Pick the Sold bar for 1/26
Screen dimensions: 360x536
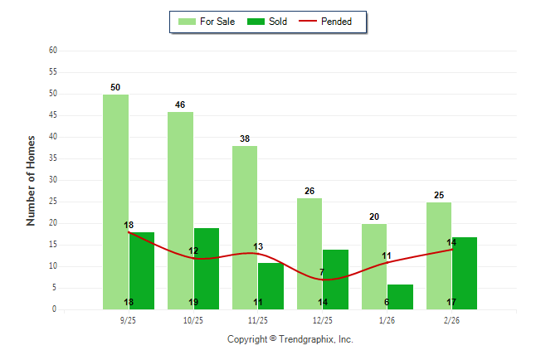coord(400,296)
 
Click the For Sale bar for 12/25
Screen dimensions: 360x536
coord(309,253)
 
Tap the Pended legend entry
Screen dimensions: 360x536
coord(335,22)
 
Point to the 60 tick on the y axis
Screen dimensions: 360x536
coord(52,51)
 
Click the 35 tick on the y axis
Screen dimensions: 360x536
coord(52,158)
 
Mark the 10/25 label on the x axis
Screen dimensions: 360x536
coord(193,320)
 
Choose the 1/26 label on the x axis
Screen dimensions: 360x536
coord(387,320)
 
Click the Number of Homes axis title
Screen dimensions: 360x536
coord(31,180)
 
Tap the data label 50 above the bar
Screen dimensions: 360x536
coord(115,87)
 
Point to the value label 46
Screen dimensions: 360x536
coord(180,105)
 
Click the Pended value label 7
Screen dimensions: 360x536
coord(322,272)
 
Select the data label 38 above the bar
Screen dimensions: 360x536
coord(245,139)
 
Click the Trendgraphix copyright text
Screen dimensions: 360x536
coord(290,339)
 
